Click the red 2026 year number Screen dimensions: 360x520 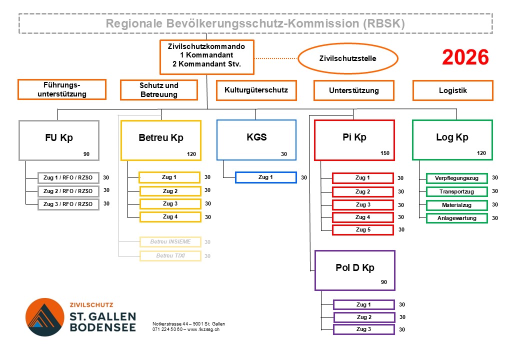[465, 58]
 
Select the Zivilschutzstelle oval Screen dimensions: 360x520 [347, 58]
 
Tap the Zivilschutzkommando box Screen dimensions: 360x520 [207, 56]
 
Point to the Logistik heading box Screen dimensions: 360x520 [452, 90]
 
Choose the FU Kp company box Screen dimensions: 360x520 [59, 140]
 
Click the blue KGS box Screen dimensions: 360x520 [256, 139]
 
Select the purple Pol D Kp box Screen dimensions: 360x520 [354, 270]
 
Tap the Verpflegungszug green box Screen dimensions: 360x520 [456, 178]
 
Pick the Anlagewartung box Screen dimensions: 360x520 [456, 218]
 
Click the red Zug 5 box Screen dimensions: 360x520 [362, 230]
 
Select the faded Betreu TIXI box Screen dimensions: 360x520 [170, 256]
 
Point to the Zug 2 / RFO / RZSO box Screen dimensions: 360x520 [68, 191]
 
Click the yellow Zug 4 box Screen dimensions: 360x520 [170, 217]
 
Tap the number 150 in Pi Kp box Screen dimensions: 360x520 [384, 153]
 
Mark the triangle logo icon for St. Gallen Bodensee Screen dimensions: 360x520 [45, 317]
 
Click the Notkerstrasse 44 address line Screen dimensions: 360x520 [188, 324]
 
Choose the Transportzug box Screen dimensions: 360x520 [456, 191]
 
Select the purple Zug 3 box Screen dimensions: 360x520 [363, 329]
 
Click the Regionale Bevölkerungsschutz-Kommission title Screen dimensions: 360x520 [255, 23]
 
